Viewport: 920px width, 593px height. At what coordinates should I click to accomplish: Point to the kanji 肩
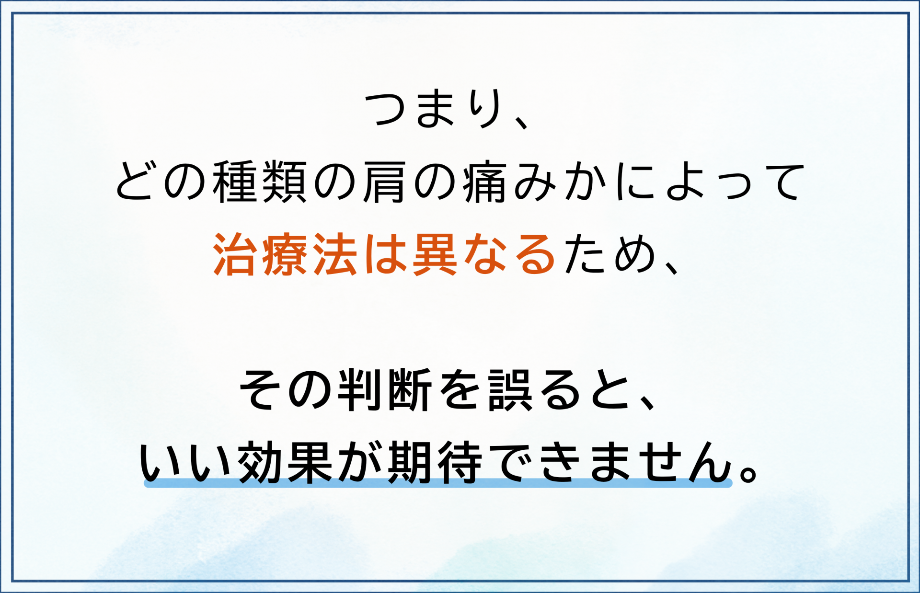(x=384, y=182)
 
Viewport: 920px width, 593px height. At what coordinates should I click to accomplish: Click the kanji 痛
(x=484, y=182)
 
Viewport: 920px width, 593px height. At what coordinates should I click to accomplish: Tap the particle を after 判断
(x=458, y=390)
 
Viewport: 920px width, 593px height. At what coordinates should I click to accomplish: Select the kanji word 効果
(x=285, y=462)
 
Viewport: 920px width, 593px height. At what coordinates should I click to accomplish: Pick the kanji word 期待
(x=435, y=462)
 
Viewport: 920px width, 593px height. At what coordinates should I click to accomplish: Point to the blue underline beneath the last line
(x=438, y=483)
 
